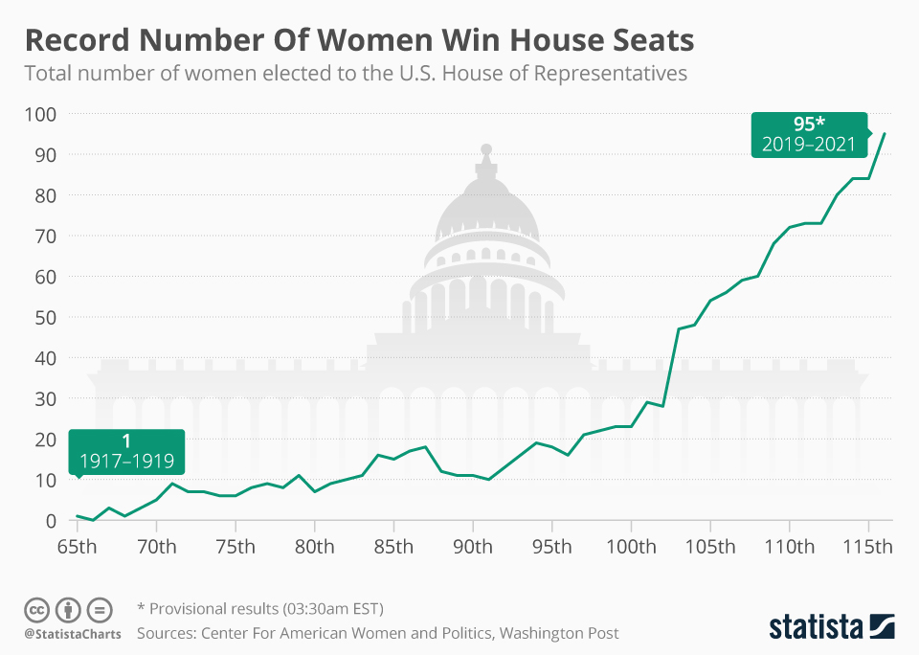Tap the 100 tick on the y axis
(x=39, y=114)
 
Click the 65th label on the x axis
(x=78, y=548)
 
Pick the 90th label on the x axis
(x=473, y=548)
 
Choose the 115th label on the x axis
(x=868, y=548)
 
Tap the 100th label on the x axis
(x=631, y=548)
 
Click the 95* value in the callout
(x=809, y=124)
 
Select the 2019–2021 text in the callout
(x=809, y=145)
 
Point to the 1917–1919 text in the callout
(x=126, y=461)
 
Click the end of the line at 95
(x=885, y=133)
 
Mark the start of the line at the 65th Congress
(x=78, y=516)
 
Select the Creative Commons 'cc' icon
(x=36, y=609)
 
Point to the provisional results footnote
(x=260, y=609)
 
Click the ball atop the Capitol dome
(x=486, y=149)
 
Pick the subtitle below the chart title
(x=355, y=74)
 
